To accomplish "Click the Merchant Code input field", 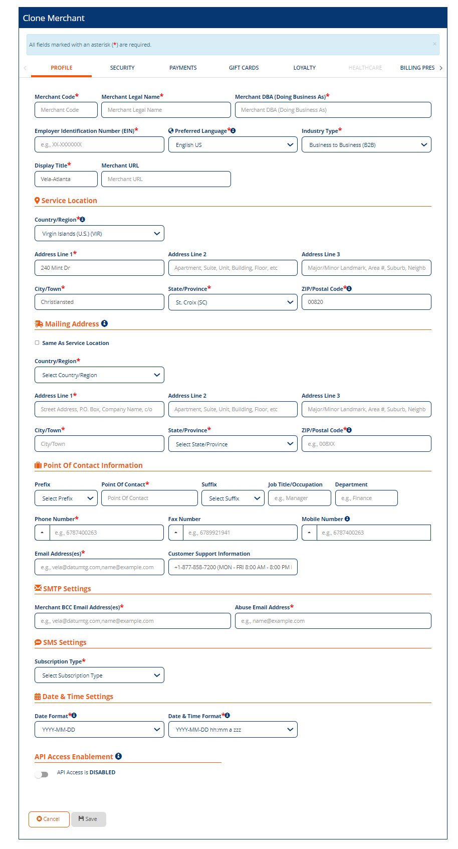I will coord(66,110).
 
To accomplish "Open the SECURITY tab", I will coord(122,68).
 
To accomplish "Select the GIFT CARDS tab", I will coord(244,68).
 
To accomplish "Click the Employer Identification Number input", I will coord(99,144).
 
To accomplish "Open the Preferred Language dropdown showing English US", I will coord(233,145).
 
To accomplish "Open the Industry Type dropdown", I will coord(366,145).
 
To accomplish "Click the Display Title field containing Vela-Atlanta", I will coord(66,179).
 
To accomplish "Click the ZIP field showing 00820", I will coord(366,302).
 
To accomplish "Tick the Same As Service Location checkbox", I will coord(37,343).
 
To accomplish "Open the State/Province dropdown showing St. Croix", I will coord(233,302).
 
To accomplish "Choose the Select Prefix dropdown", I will coord(66,498).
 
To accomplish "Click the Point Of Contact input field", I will coord(149,498).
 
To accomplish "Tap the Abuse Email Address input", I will coord(333,621).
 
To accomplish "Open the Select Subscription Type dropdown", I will coord(99,675).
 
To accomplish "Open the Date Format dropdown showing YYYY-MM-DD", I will coord(99,730).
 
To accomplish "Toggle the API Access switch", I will coord(42,774).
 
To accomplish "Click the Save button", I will coord(88,819).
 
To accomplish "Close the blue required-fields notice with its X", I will coord(434,44).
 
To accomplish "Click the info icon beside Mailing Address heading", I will coord(104,323).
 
